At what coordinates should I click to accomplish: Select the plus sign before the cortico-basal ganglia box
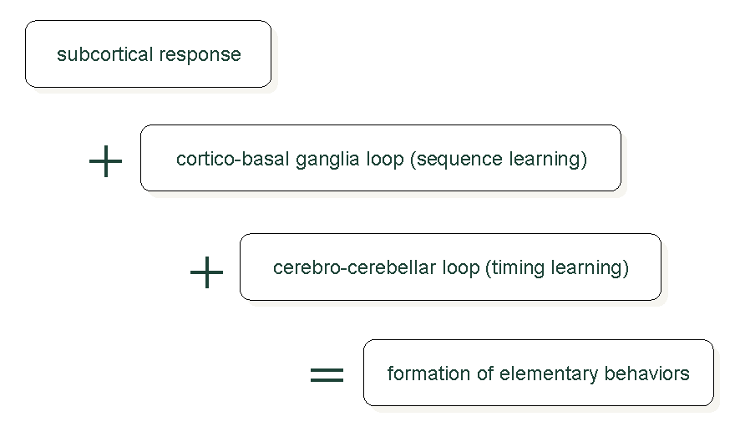[x=106, y=161]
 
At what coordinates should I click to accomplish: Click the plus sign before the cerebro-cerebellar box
[x=206, y=272]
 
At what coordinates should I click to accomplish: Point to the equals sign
[x=327, y=375]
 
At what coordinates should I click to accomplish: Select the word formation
[x=428, y=374]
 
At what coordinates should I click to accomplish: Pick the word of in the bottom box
[x=484, y=374]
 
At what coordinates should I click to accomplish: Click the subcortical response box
[x=148, y=53]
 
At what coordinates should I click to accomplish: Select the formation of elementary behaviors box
[x=539, y=373]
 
